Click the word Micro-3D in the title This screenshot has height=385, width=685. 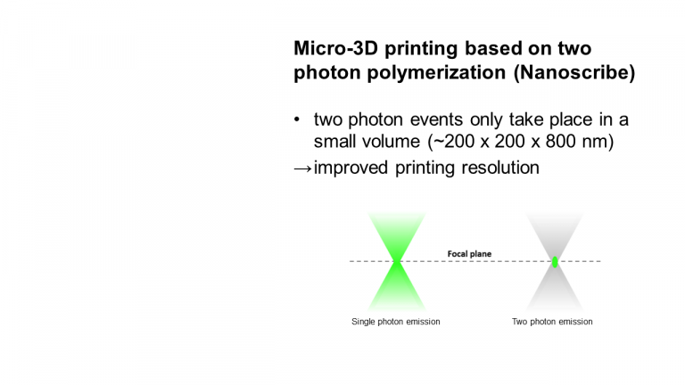click(335, 48)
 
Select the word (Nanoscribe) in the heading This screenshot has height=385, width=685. click(574, 72)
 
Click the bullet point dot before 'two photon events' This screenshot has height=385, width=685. click(297, 119)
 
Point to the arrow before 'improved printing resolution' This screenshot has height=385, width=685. click(302, 168)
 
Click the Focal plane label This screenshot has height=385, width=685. click(469, 254)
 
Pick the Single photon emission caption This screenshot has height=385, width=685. click(396, 322)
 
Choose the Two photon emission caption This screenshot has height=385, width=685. click(552, 322)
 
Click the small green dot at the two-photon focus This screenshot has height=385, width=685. click(555, 262)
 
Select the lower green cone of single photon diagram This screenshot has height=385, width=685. click(397, 288)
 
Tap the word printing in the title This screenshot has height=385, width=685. click(421, 49)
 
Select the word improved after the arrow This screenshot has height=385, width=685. click(351, 168)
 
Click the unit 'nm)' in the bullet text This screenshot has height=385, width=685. click(598, 142)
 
